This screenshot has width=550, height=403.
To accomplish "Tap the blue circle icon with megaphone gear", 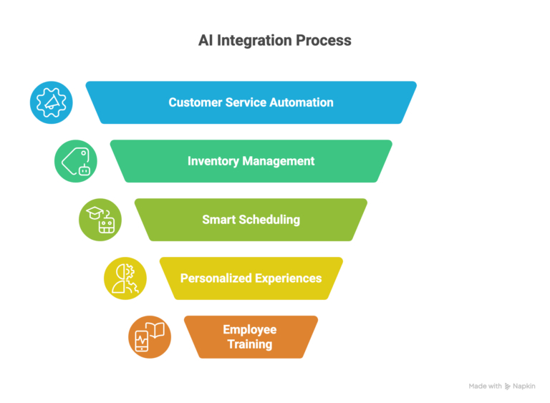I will click(x=51, y=102).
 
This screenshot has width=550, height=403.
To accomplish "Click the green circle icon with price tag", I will click(x=76, y=161).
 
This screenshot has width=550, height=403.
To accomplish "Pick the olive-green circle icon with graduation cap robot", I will click(x=100, y=220).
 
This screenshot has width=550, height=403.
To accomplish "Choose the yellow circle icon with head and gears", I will click(x=125, y=278).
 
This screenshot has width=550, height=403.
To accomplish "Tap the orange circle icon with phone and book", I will click(x=150, y=336).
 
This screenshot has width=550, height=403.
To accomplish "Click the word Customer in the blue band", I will click(x=194, y=102).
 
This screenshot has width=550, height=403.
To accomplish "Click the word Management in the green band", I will click(x=278, y=161).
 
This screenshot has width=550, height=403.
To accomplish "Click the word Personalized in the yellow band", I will click(x=216, y=278).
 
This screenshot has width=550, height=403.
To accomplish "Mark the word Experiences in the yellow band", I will click(x=288, y=278).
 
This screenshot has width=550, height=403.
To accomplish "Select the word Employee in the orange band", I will click(x=250, y=330).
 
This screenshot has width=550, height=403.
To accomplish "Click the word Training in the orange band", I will click(x=250, y=344).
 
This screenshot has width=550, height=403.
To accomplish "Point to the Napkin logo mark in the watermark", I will click(x=507, y=387).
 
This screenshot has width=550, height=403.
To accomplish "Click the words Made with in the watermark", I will click(x=485, y=387).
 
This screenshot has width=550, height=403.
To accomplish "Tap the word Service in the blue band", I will click(x=245, y=102).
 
